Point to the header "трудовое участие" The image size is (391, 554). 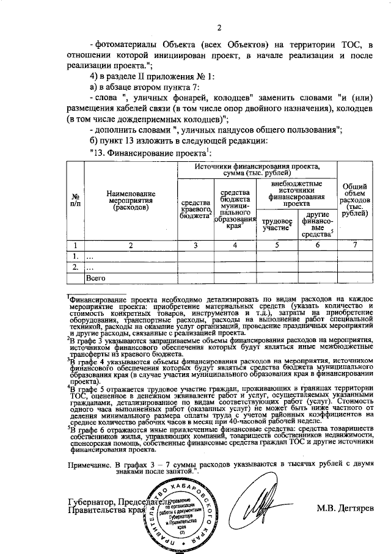click(277, 224)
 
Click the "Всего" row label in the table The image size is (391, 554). click(96, 278)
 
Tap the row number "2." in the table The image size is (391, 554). click(76, 267)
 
